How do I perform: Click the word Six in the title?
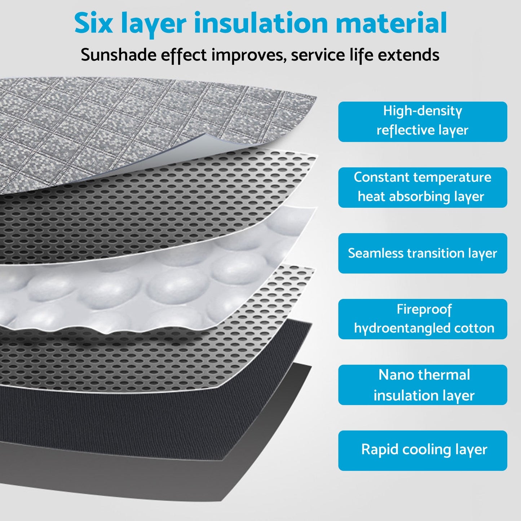[93, 23]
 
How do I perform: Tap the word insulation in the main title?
[261, 23]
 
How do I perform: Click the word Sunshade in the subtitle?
[119, 55]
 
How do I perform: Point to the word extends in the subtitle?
[409, 55]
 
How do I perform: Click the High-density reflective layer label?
[423, 122]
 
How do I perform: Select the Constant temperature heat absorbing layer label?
[423, 187]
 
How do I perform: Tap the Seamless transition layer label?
[423, 253]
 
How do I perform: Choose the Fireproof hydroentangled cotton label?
[423, 319]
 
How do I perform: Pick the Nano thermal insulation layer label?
[423, 385]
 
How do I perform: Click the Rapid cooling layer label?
[423, 450]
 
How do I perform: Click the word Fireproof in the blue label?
[424, 309]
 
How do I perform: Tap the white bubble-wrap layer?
[144, 288]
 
